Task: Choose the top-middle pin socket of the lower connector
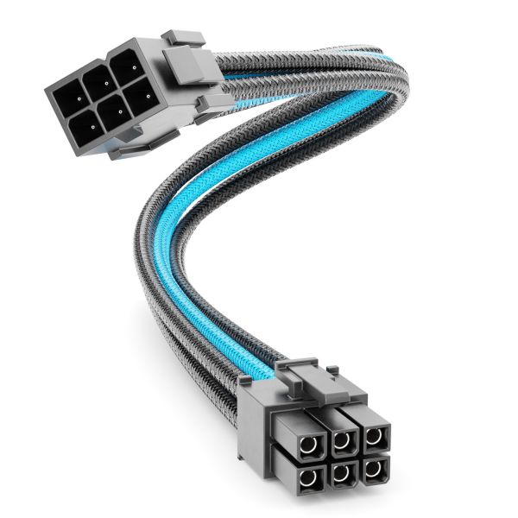[x=344, y=442]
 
